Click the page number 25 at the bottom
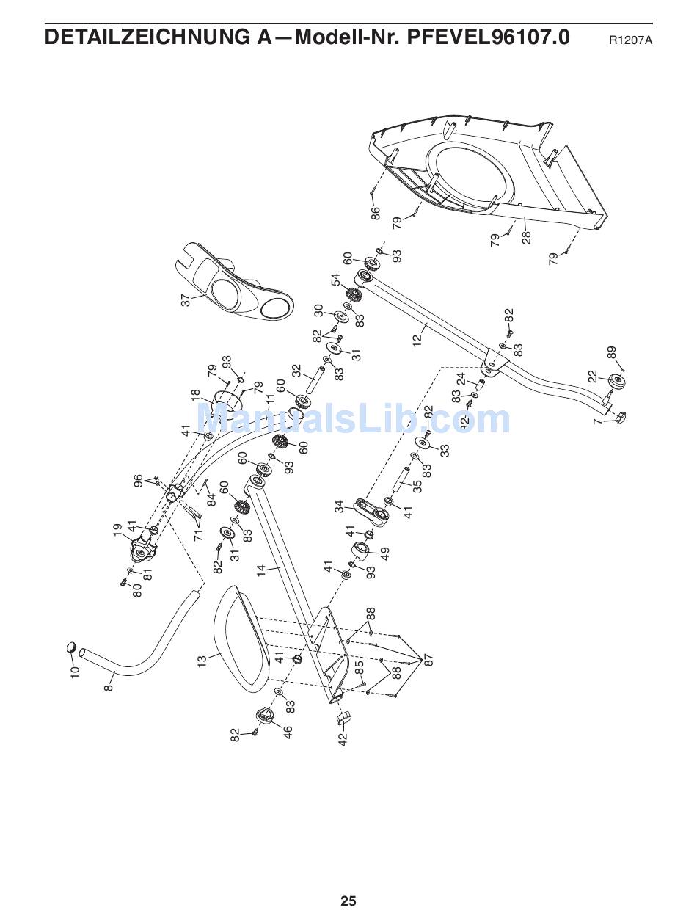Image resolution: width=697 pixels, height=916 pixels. click(x=348, y=901)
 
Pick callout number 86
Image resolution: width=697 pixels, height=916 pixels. click(x=375, y=214)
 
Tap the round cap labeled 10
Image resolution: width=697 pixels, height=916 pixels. click(x=72, y=647)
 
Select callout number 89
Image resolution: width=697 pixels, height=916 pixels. click(x=612, y=353)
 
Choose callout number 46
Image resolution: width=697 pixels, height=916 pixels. click(x=288, y=732)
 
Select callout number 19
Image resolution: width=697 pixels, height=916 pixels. click(x=117, y=530)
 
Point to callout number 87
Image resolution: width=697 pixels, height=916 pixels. click(x=429, y=659)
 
